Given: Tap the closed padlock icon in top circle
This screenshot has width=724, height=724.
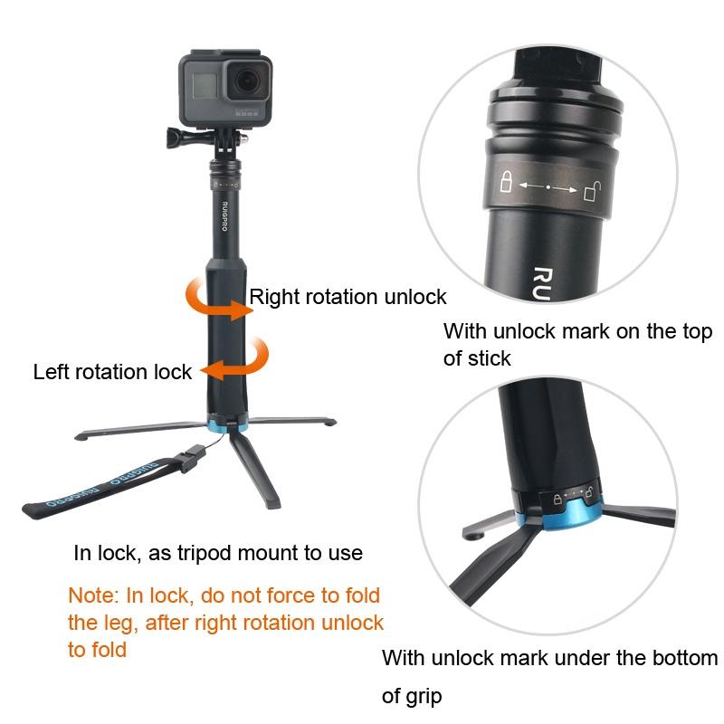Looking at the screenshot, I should [507, 185].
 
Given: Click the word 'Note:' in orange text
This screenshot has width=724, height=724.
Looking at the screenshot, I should [93, 596].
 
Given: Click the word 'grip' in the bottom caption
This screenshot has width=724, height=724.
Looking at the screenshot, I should [425, 698].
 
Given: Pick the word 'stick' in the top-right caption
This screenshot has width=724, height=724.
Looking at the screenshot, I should [490, 358].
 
